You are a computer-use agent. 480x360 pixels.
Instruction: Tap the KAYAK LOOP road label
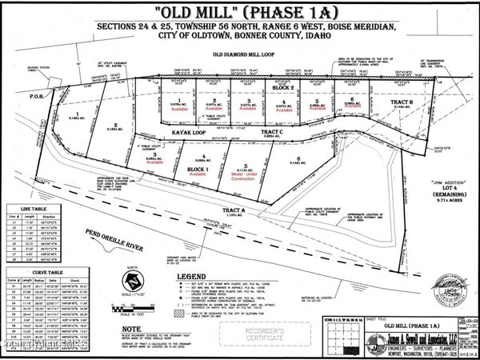click(190, 132)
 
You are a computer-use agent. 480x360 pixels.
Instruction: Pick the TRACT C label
click(271, 132)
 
